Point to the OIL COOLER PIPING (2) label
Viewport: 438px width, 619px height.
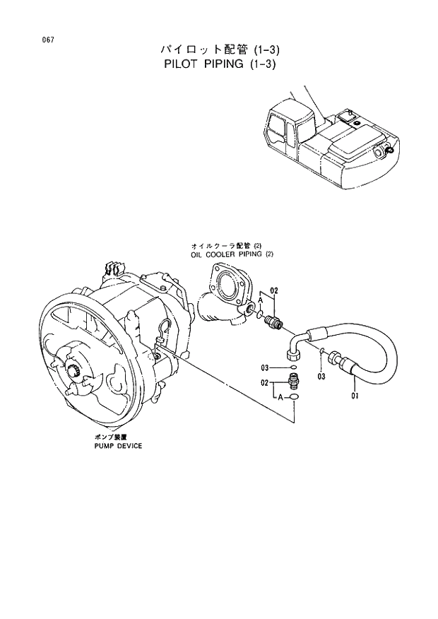[231, 253]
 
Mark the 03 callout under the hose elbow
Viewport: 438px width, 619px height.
[321, 377]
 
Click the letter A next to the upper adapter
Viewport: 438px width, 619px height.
[260, 300]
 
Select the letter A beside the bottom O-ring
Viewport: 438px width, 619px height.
[280, 398]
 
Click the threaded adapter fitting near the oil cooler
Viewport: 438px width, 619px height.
[272, 322]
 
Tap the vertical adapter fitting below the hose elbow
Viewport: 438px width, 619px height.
[293, 383]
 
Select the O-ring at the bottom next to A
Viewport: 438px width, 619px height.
[294, 398]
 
